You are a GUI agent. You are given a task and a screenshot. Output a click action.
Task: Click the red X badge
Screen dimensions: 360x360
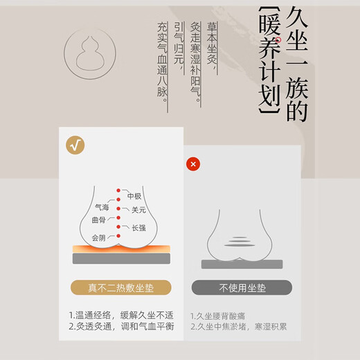click(x=192, y=164)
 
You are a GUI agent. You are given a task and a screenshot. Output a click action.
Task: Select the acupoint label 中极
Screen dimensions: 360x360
click(x=134, y=196)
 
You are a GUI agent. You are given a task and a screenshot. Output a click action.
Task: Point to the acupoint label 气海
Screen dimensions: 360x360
click(x=101, y=207)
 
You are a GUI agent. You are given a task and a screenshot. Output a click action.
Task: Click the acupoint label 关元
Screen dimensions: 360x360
click(x=138, y=209)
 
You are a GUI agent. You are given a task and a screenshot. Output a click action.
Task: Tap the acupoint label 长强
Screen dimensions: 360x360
click(x=138, y=227)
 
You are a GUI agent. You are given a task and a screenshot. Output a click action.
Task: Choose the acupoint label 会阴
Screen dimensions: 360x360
click(x=99, y=237)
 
